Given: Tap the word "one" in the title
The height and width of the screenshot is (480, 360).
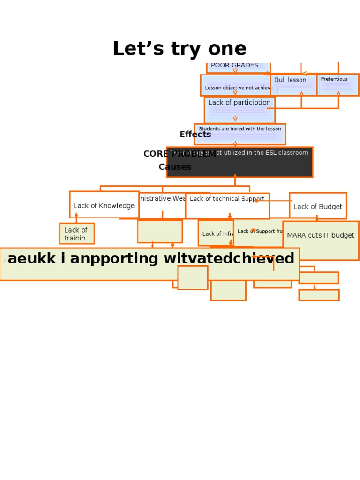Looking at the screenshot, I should [x=228, y=50].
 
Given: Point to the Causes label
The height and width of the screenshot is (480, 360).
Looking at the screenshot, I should [x=175, y=167].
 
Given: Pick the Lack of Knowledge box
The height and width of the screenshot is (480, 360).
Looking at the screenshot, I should [x=104, y=205].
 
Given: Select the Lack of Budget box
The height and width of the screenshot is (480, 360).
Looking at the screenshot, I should [x=318, y=206].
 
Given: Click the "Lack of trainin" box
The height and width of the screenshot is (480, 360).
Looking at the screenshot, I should [x=76, y=233].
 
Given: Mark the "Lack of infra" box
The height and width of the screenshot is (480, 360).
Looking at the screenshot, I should [x=216, y=233].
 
